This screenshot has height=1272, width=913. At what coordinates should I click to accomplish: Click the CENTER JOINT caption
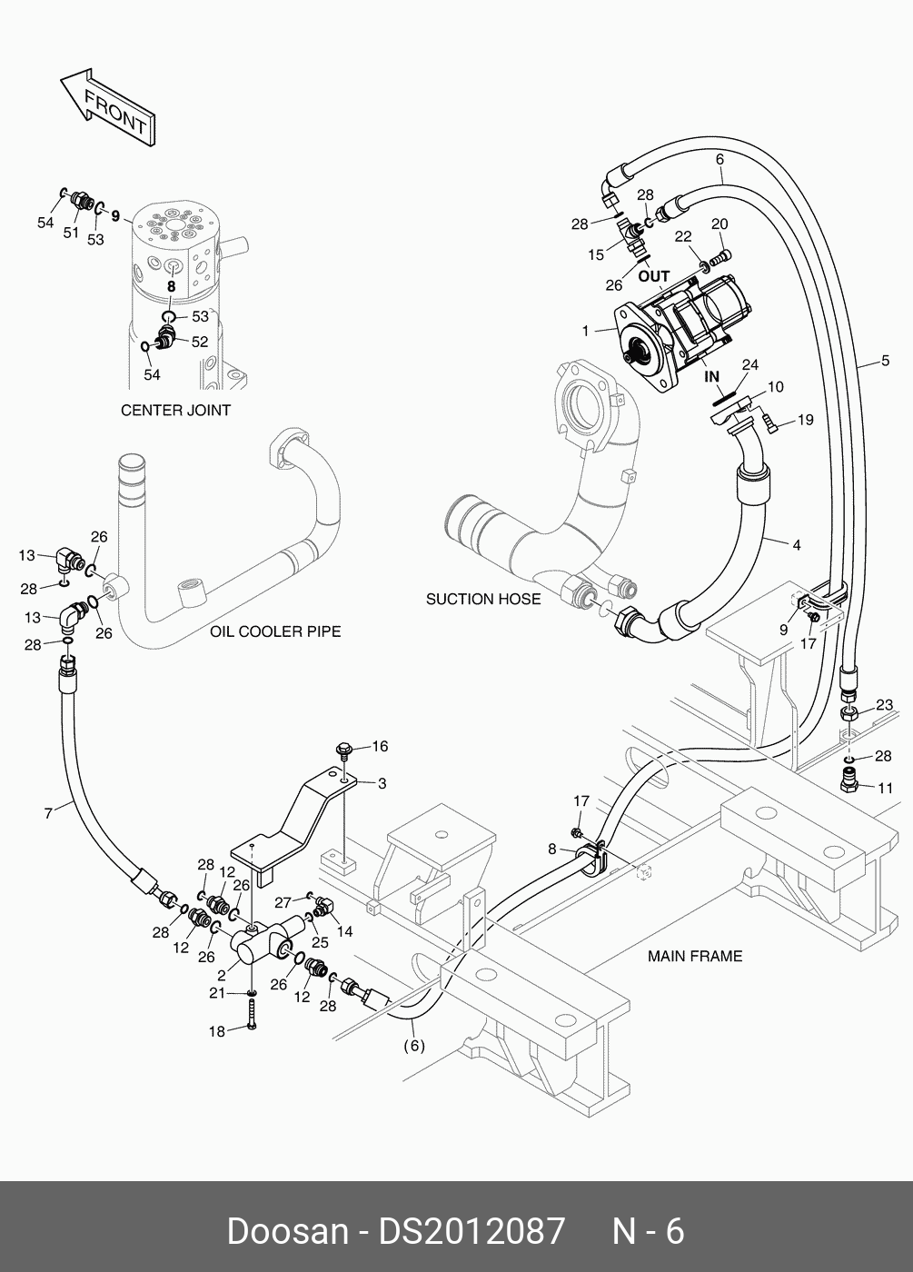point(175,410)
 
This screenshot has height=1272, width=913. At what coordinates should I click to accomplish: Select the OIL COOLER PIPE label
point(275,631)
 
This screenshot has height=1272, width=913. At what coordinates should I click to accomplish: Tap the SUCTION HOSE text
point(483,599)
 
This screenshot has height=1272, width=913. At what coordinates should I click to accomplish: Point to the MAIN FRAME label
point(695,956)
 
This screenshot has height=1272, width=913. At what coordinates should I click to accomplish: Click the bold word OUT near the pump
point(653,276)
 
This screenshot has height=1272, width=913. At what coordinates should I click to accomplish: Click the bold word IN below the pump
point(711,376)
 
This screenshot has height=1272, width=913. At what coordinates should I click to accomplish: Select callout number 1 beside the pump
point(587,331)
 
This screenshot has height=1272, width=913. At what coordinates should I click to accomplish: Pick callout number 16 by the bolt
point(380,746)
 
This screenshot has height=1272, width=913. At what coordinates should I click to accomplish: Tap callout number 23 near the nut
point(884,704)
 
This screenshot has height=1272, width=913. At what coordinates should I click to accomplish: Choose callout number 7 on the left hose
point(49,813)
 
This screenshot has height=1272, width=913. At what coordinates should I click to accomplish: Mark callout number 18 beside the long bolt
point(217,1031)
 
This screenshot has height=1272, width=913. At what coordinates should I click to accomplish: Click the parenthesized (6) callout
point(413,1046)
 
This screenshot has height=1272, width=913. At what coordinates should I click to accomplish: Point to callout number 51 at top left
point(71,233)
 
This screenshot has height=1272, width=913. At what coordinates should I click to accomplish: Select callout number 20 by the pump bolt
point(719,224)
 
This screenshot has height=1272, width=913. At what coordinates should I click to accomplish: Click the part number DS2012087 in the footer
point(471,1231)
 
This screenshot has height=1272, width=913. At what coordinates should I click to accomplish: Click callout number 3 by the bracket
point(382,783)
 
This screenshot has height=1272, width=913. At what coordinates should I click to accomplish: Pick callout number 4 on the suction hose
point(797,545)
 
